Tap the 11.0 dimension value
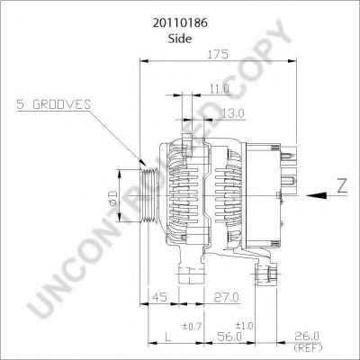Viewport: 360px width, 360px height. coord(219,89)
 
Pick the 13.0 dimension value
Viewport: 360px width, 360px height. coord(233,112)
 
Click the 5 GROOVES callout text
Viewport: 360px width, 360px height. coord(53,105)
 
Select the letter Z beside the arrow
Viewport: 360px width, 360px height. coord(341,187)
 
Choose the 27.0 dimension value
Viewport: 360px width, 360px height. coord(226,297)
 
